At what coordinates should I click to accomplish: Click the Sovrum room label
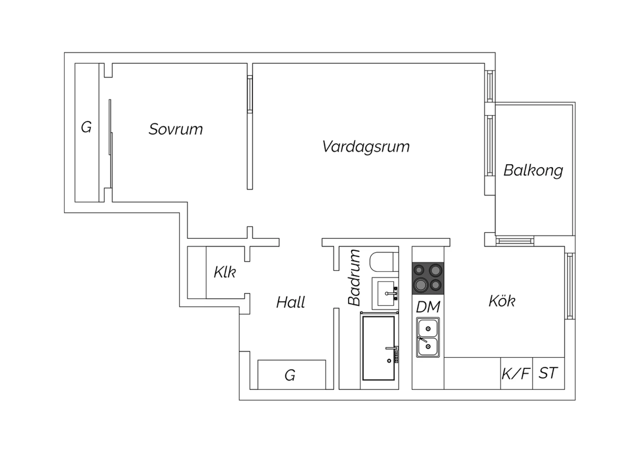[x=176, y=129]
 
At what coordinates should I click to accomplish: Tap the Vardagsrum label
[x=366, y=147]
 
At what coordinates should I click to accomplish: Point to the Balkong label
[x=533, y=171]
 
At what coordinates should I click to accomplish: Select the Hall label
[x=291, y=302]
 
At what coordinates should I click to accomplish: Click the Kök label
[x=502, y=301]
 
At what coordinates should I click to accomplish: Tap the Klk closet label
[x=225, y=272]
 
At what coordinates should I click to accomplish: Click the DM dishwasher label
[x=428, y=307]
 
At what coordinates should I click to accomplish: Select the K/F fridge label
[x=516, y=374]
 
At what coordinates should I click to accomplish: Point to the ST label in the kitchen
[x=548, y=373]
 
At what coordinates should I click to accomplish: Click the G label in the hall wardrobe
[x=290, y=375]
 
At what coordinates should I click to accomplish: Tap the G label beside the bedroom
[x=86, y=127]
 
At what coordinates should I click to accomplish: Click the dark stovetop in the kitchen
[x=428, y=278]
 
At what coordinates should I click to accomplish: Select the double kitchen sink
[x=428, y=337]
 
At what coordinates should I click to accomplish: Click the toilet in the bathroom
[x=384, y=261]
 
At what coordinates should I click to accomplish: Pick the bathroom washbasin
[x=385, y=293]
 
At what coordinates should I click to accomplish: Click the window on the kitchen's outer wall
[x=570, y=286]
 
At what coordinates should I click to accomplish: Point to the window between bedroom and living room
[x=250, y=94]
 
